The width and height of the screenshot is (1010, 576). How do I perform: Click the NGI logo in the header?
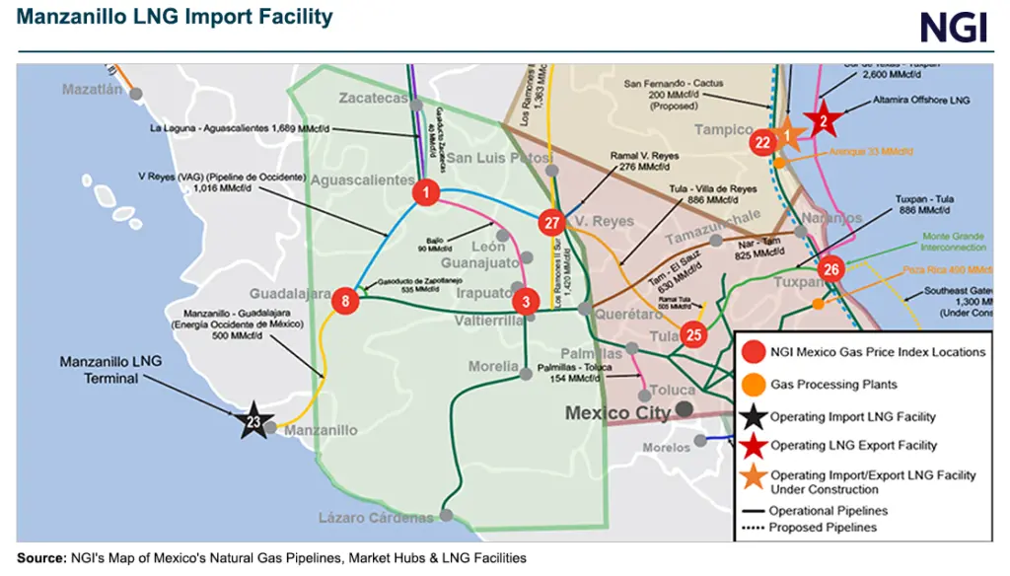(953, 28)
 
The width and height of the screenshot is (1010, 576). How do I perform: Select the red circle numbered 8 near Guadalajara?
(345, 301)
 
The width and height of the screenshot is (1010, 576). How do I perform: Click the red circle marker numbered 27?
(551, 223)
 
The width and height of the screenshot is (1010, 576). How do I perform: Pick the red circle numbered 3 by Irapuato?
(527, 301)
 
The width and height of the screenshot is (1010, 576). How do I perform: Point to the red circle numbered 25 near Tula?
(694, 335)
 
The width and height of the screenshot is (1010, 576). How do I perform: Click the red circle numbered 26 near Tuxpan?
(831, 269)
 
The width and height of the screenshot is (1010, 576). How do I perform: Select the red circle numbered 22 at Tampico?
(762, 142)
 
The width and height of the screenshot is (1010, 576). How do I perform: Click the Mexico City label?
(617, 413)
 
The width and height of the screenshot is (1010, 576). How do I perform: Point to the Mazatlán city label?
(93, 90)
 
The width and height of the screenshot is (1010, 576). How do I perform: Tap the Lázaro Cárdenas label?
(375, 518)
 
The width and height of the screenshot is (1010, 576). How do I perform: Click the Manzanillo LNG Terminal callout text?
(109, 370)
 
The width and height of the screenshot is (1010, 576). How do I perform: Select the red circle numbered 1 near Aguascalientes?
(425, 193)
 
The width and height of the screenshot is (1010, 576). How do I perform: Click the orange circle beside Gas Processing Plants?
(754, 385)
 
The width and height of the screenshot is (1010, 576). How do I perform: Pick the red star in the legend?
(754, 446)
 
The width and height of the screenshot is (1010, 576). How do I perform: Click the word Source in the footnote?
(40, 558)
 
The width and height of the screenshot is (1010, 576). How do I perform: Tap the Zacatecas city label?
(372, 99)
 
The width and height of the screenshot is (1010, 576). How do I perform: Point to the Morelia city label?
(493, 367)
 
